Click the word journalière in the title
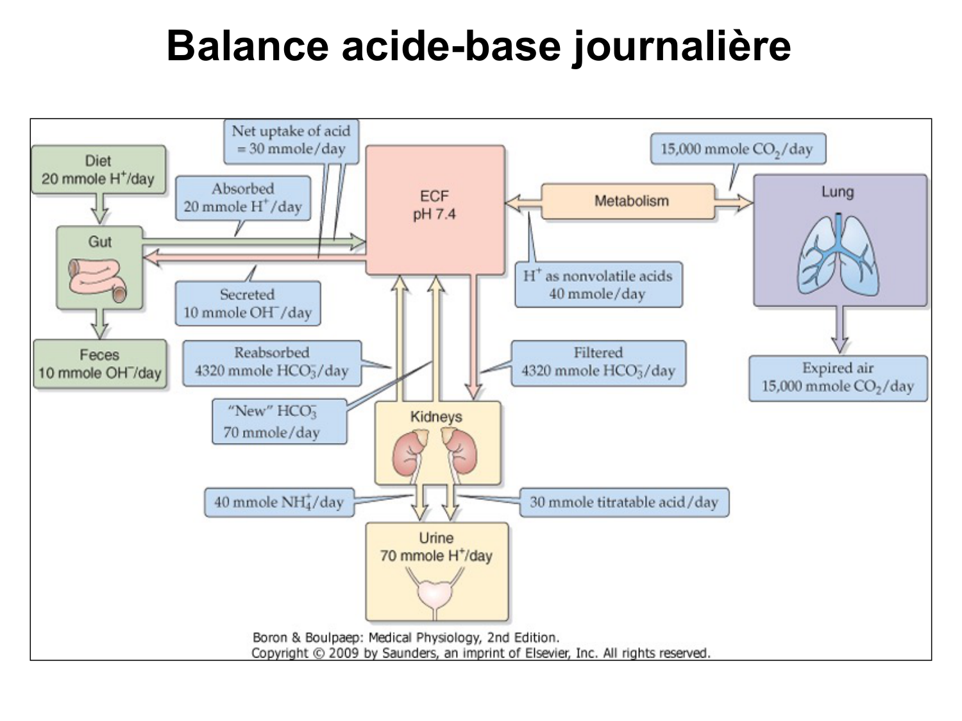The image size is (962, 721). click(681, 46)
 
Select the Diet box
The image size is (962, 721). click(98, 170)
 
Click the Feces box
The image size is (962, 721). click(99, 364)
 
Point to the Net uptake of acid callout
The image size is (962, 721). click(291, 140)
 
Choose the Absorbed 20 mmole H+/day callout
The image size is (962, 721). click(242, 198)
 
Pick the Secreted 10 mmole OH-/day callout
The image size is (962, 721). click(248, 304)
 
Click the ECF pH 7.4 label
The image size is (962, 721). click(434, 205)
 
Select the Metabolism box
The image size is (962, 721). click(631, 201)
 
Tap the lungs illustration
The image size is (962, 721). click(838, 254)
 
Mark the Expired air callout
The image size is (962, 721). click(838, 377)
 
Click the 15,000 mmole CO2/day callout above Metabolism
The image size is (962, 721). click(737, 149)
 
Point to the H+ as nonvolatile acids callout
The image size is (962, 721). click(598, 285)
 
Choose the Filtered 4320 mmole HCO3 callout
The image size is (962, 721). click(598, 363)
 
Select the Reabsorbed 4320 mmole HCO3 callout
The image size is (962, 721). click(272, 363)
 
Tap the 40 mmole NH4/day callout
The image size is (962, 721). click(279, 502)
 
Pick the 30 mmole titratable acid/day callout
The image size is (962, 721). click(623, 502)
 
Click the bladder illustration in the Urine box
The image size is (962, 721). click(436, 593)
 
